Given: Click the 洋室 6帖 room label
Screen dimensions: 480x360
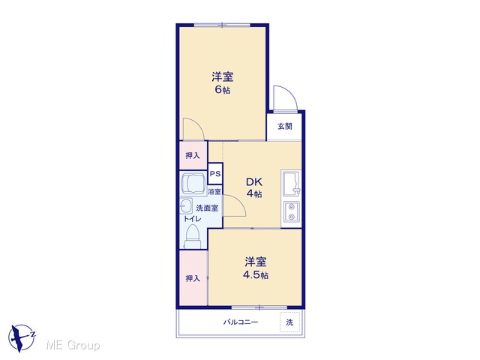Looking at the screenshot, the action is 223,82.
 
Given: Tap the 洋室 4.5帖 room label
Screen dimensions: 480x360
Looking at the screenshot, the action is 256,268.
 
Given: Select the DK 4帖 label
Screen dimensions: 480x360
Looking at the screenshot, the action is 254,187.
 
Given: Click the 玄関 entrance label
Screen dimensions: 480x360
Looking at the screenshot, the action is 285,126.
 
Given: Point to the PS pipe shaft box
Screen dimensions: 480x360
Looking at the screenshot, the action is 215,173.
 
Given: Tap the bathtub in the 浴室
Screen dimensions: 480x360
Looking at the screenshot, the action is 193,183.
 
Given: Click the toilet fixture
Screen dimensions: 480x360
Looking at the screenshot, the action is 193,236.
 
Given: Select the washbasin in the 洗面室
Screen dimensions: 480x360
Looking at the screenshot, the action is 186,205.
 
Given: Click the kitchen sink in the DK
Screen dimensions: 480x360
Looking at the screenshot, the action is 291,183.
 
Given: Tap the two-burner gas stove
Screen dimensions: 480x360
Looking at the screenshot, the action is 291,211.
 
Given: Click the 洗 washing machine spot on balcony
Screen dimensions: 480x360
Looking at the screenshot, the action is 289,322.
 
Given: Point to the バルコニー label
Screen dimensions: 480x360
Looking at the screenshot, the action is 241,322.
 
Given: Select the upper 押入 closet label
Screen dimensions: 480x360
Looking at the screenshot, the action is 193,155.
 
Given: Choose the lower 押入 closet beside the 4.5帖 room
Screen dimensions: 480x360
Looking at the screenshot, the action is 193,278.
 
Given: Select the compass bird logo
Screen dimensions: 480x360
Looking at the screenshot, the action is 22,337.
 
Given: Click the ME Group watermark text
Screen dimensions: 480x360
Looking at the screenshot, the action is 73,345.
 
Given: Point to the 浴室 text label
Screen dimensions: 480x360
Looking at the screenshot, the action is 214,192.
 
